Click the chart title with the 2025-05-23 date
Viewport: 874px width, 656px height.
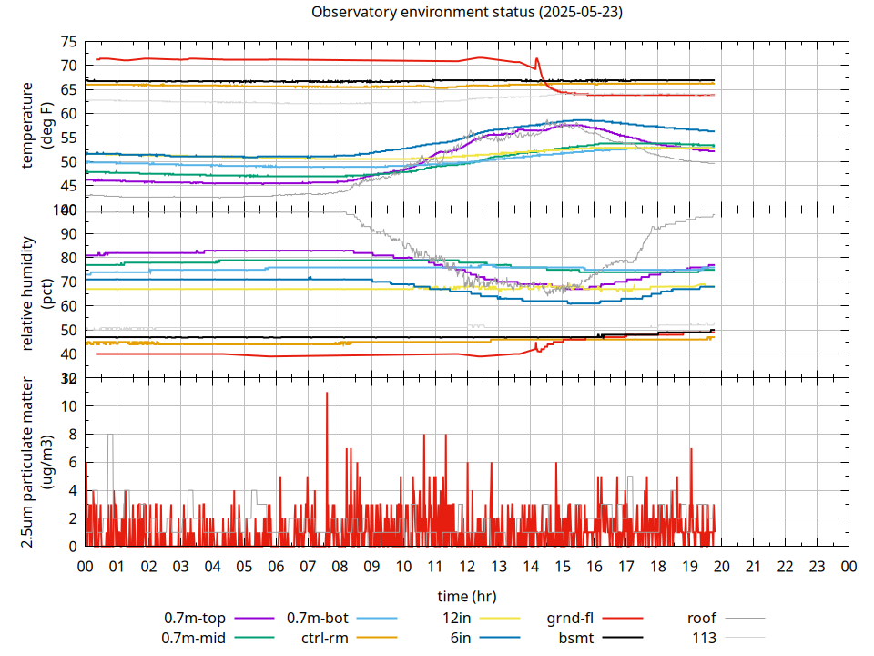[x=467, y=12]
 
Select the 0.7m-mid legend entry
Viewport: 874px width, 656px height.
[x=194, y=637]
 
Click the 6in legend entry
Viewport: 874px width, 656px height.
[x=461, y=637]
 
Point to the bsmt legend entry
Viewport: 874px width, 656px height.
[x=576, y=637]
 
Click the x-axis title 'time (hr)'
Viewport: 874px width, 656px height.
[x=467, y=597]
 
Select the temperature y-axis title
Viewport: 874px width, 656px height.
[x=36, y=126]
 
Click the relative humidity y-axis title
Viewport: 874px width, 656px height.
[x=36, y=293]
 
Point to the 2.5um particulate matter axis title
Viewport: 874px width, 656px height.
[x=36, y=462]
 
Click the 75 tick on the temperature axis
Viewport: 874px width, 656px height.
[x=68, y=42]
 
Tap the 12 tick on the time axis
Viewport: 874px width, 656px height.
[x=467, y=566]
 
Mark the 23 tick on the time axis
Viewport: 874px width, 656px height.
[x=817, y=566]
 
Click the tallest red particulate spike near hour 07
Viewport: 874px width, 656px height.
[x=326, y=394]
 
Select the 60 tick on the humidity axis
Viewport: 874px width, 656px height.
[x=68, y=306]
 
